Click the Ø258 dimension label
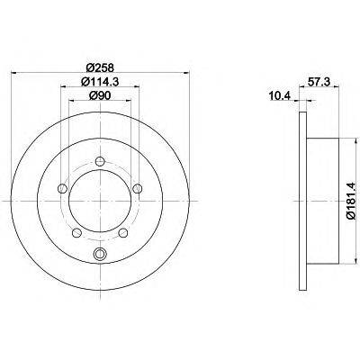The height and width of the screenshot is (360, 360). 100,67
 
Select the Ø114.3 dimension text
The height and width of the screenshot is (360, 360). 100,81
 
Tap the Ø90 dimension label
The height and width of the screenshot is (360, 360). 100,95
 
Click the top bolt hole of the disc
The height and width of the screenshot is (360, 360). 100,162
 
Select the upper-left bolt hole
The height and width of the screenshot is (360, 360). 62,189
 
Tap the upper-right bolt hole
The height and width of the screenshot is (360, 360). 138,189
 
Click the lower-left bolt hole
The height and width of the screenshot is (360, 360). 76,232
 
